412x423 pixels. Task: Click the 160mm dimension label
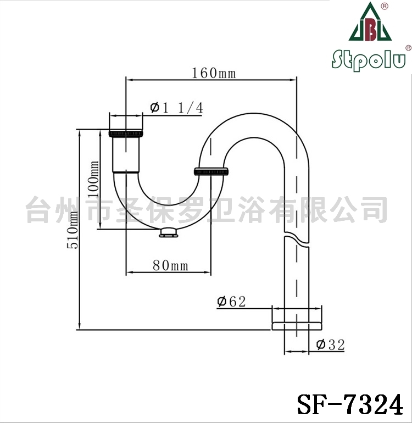(x=214, y=73)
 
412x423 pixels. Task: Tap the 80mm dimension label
(x=170, y=265)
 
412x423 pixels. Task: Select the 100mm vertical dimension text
(x=93, y=179)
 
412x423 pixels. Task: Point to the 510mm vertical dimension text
(x=73, y=230)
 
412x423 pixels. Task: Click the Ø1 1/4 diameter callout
(x=176, y=108)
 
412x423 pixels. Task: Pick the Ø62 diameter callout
(x=231, y=302)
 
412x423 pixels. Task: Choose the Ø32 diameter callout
(x=331, y=345)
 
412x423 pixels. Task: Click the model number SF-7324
(x=350, y=404)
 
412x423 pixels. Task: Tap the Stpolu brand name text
(x=369, y=59)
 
